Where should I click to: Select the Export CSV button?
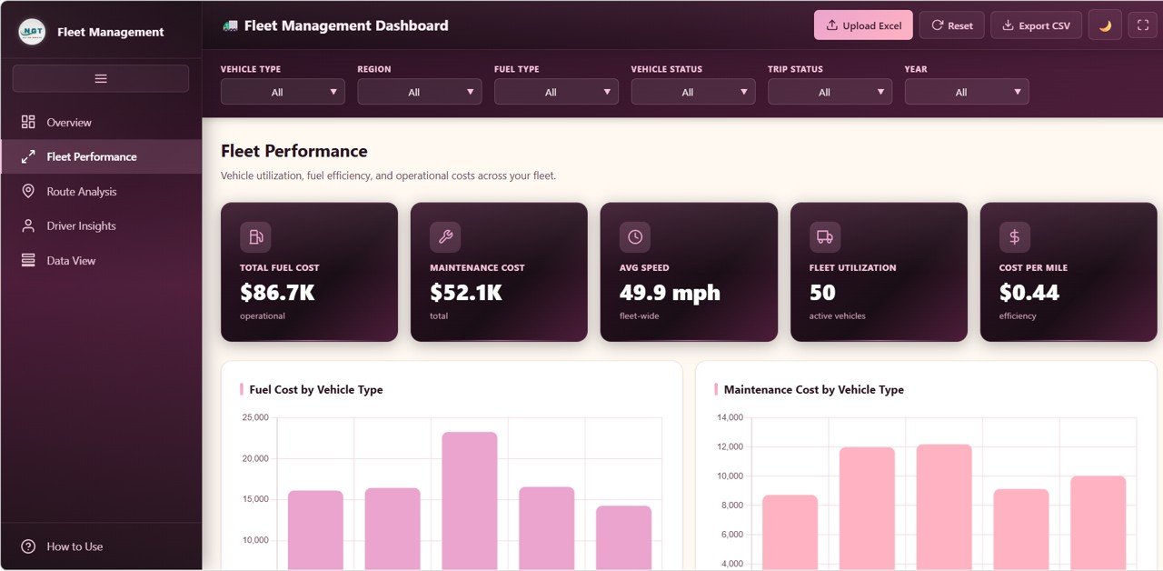pos(1036,25)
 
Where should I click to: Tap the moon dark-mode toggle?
pos(1105,25)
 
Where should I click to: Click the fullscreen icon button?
pos(1142,25)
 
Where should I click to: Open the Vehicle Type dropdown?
pos(283,92)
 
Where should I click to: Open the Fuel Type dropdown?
pos(556,92)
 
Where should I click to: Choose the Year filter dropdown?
pos(967,92)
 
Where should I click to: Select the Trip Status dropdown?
pos(830,92)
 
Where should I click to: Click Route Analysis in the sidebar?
pos(82,192)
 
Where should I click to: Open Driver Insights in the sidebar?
pos(81,226)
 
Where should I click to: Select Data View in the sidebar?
pos(71,261)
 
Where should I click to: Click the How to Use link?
pos(75,546)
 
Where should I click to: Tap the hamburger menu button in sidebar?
pos(101,79)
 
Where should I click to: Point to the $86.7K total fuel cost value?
pos(277,293)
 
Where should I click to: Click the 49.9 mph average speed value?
pos(670,293)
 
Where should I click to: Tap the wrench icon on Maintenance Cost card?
pos(445,237)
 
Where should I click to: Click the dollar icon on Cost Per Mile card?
pos(1014,237)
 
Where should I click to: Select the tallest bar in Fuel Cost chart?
pos(470,500)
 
